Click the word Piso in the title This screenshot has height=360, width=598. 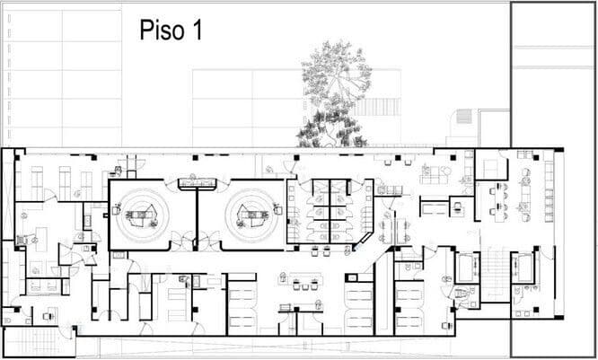[163, 31]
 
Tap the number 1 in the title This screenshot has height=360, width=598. [198, 30]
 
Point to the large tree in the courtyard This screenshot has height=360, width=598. [334, 93]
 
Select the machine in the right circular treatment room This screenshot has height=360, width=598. [251, 215]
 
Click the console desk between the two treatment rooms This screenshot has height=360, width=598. [198, 183]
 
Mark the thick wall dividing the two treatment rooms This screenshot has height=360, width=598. [197, 218]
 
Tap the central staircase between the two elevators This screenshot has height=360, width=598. [496, 274]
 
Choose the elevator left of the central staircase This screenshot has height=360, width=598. [467, 267]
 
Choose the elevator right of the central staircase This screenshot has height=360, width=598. [523, 267]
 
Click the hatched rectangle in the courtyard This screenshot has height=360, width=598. [464, 116]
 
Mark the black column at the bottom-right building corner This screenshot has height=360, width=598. [558, 317]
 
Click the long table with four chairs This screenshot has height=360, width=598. [498, 202]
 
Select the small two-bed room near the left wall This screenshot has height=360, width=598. [43, 286]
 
